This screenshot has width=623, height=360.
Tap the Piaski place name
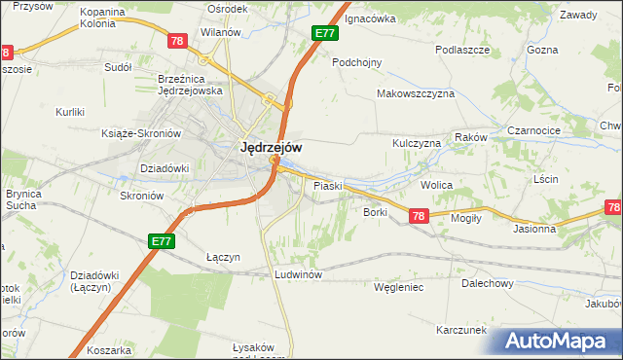(x=326, y=185)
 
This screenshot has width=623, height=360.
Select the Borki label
(x=375, y=211)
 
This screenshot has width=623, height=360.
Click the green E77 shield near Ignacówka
(x=325, y=33)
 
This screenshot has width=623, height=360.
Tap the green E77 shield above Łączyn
(x=162, y=240)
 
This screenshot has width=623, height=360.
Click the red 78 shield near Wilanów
(x=176, y=41)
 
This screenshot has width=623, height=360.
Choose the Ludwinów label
(x=298, y=274)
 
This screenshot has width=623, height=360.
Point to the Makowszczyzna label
(x=417, y=94)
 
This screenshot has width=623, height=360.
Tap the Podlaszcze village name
(x=462, y=50)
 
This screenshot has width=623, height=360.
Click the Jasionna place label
(x=534, y=230)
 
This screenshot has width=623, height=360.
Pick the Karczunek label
(x=461, y=330)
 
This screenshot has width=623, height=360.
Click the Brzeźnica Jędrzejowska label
(x=191, y=85)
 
